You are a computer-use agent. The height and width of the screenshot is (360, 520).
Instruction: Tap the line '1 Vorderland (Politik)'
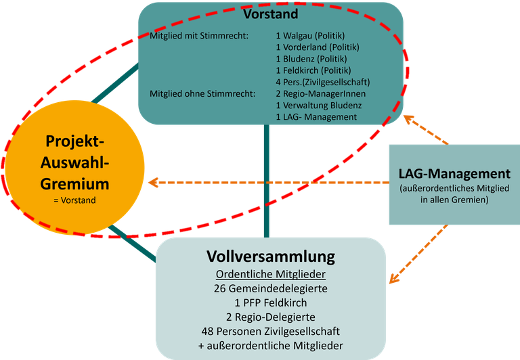click(x=318, y=47)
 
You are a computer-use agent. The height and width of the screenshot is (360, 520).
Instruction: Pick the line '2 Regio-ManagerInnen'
click(x=317, y=93)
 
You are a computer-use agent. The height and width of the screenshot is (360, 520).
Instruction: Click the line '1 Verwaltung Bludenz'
click(x=319, y=105)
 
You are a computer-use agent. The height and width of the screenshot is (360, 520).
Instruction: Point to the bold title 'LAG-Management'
click(x=454, y=174)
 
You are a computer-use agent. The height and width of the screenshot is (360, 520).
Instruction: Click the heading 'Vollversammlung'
click(x=271, y=257)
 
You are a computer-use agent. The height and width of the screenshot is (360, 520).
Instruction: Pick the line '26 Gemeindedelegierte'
click(x=271, y=288)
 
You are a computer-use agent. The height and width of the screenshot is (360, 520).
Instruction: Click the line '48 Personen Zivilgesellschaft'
click(x=271, y=332)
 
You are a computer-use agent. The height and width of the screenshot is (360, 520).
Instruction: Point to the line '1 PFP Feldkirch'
click(x=271, y=302)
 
